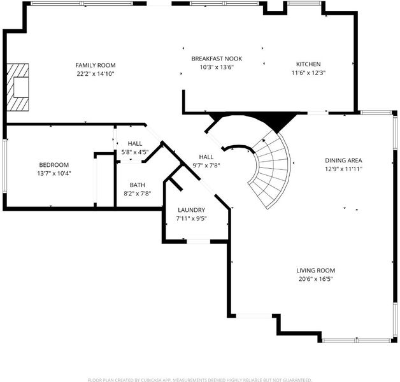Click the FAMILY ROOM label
tap(96, 66)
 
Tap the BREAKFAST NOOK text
tap(217, 59)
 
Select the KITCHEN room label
tap(308, 64)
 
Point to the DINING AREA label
tap(343, 160)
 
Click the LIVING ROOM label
tap(315, 271)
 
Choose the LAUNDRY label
tap(191, 210)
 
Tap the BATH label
tap(137, 185)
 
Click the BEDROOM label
tap(54, 165)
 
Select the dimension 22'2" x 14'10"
tap(96, 74)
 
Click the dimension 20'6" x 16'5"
tap(315, 279)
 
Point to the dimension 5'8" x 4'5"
tap(134, 152)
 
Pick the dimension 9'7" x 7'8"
tap(206, 166)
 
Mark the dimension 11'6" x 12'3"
tap(308, 73)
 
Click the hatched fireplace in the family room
tap(18, 87)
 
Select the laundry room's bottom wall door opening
tap(199, 241)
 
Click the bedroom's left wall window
tap(4, 166)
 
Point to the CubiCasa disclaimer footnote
tap(200, 379)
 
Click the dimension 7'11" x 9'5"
tap(191, 218)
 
